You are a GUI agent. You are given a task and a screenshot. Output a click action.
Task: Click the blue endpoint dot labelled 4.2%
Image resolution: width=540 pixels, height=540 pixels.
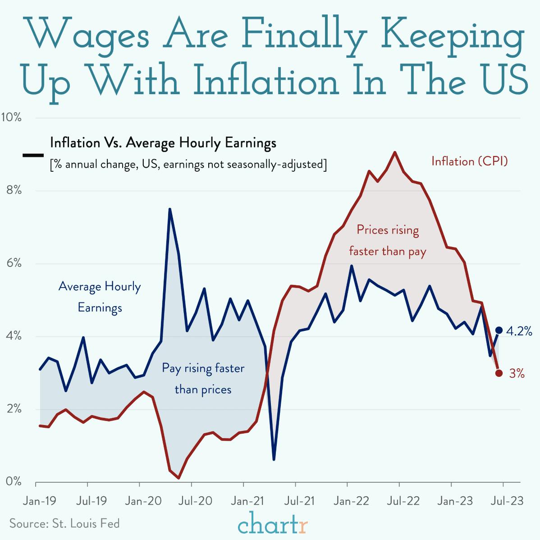click(x=499, y=330)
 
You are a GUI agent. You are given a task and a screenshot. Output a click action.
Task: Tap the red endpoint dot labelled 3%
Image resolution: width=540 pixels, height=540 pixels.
click(x=499, y=373)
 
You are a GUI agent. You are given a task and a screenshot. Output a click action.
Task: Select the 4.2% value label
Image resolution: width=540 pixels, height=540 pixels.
click(x=519, y=332)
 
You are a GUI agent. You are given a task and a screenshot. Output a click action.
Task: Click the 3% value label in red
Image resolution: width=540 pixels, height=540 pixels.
click(x=517, y=373)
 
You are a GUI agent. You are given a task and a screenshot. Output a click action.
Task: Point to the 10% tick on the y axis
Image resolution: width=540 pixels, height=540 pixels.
click(x=11, y=118)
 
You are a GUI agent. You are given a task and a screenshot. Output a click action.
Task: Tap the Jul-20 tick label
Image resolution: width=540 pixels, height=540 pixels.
click(x=192, y=501)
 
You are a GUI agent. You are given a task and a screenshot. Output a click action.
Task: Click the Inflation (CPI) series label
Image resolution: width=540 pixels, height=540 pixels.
click(x=469, y=161)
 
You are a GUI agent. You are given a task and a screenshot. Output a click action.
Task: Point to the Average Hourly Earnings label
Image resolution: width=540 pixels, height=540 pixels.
click(x=100, y=297)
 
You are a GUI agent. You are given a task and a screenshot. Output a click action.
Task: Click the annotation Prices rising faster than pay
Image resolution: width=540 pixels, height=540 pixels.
click(x=388, y=240)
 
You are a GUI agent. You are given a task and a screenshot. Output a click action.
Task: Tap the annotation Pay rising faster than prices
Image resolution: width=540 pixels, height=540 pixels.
click(x=203, y=379)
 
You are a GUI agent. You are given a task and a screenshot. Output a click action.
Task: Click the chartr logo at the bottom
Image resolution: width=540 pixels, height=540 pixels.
click(x=273, y=525)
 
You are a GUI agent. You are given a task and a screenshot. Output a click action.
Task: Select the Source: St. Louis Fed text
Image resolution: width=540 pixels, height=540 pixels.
click(x=64, y=523)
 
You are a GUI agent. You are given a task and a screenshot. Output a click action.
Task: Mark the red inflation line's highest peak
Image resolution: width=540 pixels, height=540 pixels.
click(x=395, y=152)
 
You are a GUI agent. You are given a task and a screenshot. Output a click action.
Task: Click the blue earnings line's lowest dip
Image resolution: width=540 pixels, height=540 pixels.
click(x=274, y=459)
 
